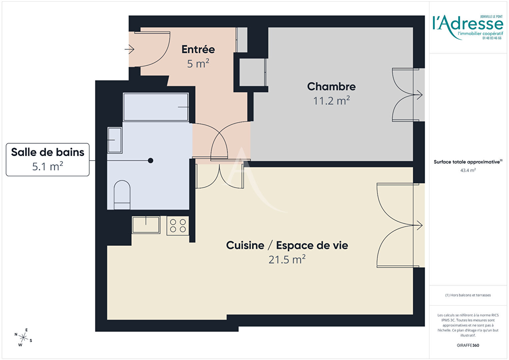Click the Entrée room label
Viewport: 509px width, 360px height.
click(x=198, y=50)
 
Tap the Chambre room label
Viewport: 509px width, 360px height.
click(x=331, y=87)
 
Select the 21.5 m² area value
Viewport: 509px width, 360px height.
click(x=287, y=259)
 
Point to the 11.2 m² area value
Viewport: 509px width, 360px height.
click(x=331, y=101)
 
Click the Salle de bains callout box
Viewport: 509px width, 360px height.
click(x=48, y=160)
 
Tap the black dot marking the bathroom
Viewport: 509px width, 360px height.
click(x=151, y=161)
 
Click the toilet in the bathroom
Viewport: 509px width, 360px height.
click(x=122, y=195)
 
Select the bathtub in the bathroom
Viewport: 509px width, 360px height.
click(x=156, y=107)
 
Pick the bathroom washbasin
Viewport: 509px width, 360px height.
click(x=115, y=140)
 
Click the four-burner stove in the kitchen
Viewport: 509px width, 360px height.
click(x=178, y=226)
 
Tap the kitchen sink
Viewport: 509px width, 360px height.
click(x=146, y=225)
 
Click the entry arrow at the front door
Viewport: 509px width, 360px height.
click(x=130, y=49)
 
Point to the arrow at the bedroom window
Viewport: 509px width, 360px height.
click(x=419, y=95)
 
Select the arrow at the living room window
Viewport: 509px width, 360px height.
click(x=419, y=225)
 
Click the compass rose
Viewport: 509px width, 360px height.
click(x=23, y=337)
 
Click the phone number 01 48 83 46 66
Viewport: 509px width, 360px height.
click(x=492, y=38)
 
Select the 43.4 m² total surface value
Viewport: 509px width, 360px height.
click(x=468, y=170)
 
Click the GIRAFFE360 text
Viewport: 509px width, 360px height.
click(x=468, y=345)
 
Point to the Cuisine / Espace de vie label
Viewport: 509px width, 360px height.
click(x=287, y=245)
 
